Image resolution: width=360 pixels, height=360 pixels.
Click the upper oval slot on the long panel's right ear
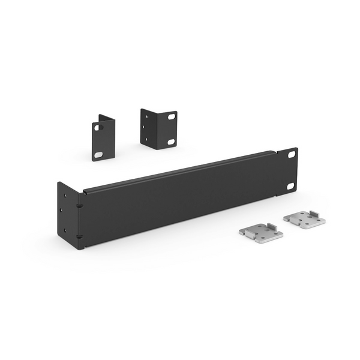[292, 154]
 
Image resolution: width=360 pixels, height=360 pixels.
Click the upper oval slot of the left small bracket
[97, 127]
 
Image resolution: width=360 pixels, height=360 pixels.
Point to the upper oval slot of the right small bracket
[171, 116]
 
